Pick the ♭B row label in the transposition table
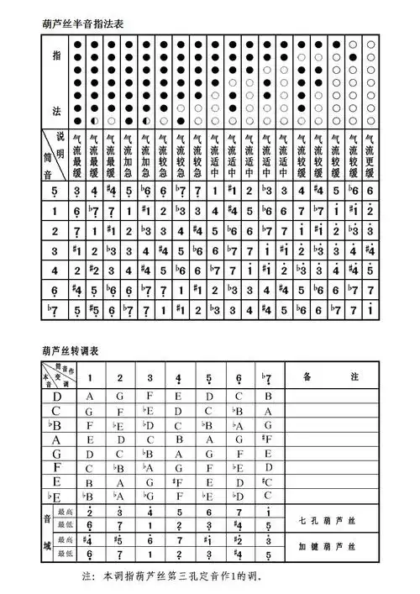coord(56,426)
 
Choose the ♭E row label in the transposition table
coord(56,497)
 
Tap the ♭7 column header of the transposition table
coord(267,376)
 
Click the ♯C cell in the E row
coord(266,482)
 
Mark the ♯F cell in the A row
coord(266,439)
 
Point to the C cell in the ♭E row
coord(267,497)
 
